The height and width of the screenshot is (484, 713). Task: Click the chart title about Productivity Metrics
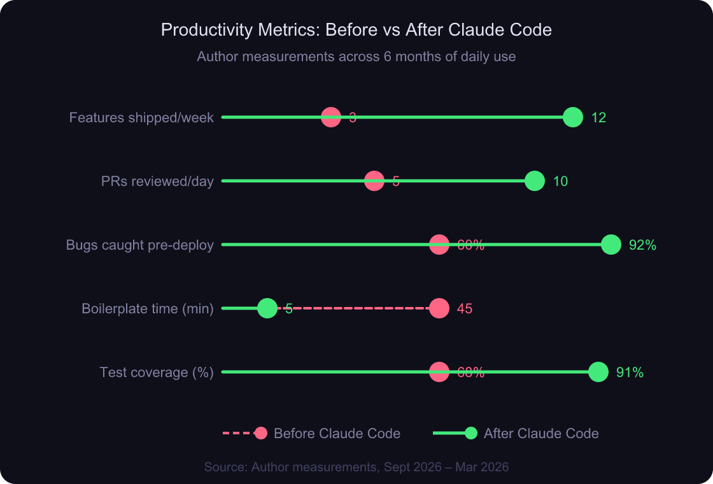[356, 30]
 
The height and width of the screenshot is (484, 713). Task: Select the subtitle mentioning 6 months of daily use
[356, 57]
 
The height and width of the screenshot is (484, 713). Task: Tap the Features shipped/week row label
[141, 118]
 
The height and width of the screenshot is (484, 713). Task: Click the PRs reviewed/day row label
[157, 181]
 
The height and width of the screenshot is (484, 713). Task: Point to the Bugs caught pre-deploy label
[139, 245]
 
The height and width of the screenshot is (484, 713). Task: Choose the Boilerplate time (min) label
[147, 309]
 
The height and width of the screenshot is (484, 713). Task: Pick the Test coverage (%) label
[156, 373]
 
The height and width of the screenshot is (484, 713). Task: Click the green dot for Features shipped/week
[573, 117]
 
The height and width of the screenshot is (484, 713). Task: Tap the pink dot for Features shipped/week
[331, 117]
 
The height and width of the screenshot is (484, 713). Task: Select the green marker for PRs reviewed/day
[535, 181]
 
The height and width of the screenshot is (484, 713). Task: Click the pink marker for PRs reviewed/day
[374, 181]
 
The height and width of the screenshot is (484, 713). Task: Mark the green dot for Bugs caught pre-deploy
[611, 245]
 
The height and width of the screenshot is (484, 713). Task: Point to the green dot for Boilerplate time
[268, 308]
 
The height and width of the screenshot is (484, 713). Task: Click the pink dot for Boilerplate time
[439, 308]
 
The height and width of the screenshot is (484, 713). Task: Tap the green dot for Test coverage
[598, 372]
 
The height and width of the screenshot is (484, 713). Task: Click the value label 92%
[642, 245]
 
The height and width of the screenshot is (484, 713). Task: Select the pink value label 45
[465, 309]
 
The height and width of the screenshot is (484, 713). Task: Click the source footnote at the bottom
[356, 467]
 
